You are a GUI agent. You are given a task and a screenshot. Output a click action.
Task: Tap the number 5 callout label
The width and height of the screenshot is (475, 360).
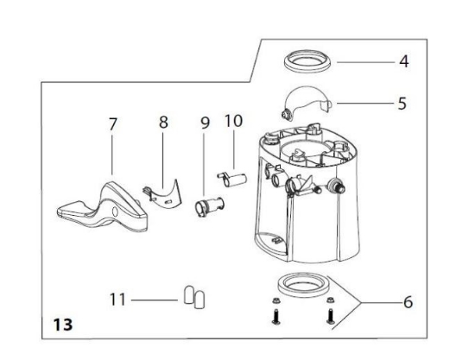pyautogui.click(x=402, y=102)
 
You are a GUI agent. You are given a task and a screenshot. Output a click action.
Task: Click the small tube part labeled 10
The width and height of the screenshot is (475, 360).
pyautogui.click(x=231, y=180)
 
